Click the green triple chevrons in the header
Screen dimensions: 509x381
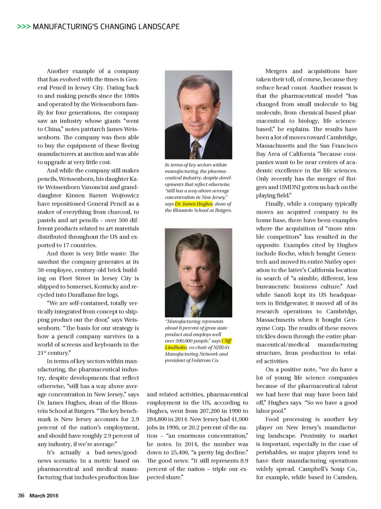click(x=24, y=27)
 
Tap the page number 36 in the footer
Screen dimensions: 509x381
click(x=21, y=495)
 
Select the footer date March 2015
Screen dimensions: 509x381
click(x=44, y=495)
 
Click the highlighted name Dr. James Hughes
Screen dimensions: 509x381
click(x=193, y=204)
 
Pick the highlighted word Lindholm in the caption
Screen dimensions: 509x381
click(x=176, y=347)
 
